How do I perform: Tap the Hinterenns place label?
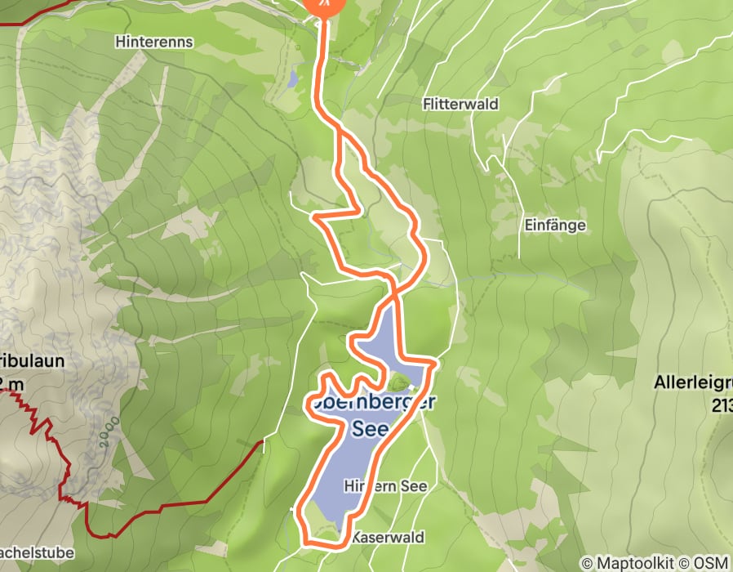click(x=154, y=41)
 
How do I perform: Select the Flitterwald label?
click(x=460, y=105)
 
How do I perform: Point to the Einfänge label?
click(x=555, y=226)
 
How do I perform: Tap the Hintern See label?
click(x=385, y=485)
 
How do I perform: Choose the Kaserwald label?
click(x=388, y=538)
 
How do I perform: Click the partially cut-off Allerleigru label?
click(x=693, y=382)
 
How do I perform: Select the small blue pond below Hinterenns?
click(x=291, y=79)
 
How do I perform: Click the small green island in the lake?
click(x=398, y=382)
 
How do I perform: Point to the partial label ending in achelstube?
click(x=37, y=553)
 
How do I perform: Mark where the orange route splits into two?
click(x=341, y=131)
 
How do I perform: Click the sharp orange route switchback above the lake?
click(x=314, y=217)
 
